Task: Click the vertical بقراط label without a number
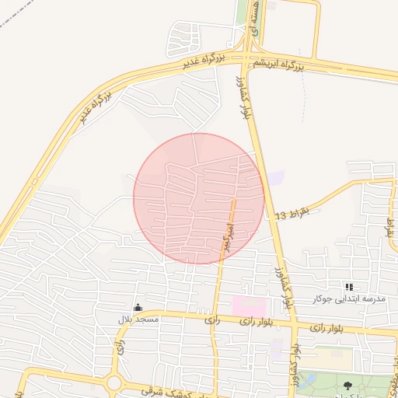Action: pos(389,228)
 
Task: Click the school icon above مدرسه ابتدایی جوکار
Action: pos(349,288)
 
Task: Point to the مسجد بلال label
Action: pos(138,319)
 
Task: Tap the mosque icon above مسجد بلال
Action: pos(138,308)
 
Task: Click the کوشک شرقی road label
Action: pos(163,389)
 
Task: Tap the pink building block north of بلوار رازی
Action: pos(248,305)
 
